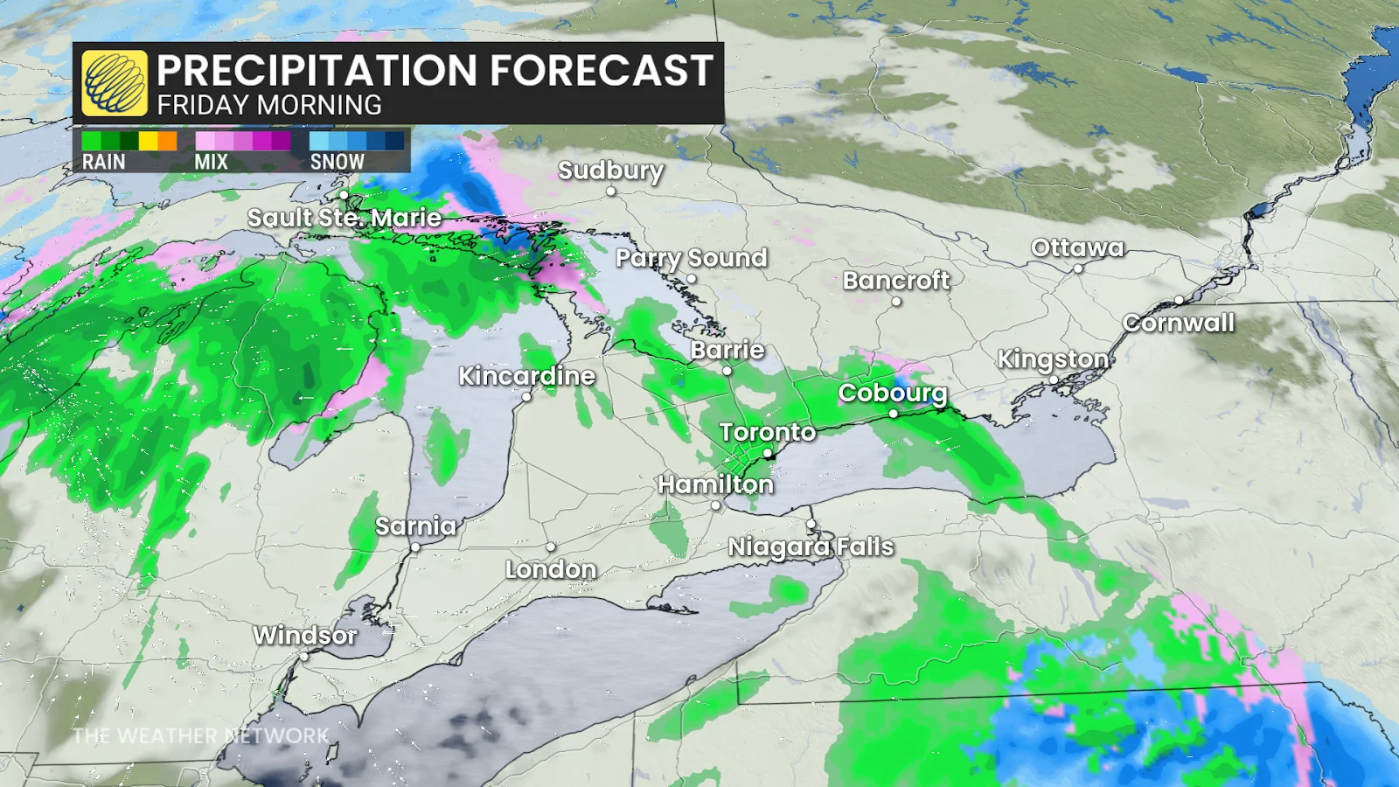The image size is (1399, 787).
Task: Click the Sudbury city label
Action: (x=610, y=170)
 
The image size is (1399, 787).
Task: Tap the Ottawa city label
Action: (x=1077, y=247)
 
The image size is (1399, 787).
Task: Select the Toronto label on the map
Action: (x=768, y=432)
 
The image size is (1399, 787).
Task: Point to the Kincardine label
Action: (x=526, y=376)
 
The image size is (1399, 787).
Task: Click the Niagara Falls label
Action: (x=811, y=547)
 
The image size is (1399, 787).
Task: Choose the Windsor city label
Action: (x=305, y=635)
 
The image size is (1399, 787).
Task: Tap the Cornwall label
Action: (x=1179, y=323)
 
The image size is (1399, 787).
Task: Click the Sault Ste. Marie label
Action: (x=344, y=218)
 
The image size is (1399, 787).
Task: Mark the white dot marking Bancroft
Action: (x=896, y=302)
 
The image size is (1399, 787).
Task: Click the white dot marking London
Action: (x=551, y=547)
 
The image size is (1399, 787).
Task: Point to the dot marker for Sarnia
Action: (x=415, y=547)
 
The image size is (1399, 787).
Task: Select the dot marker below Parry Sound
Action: (x=691, y=279)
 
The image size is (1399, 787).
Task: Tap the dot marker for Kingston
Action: (x=1054, y=380)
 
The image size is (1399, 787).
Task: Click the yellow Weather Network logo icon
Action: (x=115, y=83)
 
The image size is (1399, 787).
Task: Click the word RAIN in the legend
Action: (x=103, y=162)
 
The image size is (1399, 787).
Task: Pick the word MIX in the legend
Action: (x=211, y=162)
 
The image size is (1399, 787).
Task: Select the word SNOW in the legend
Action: (x=337, y=162)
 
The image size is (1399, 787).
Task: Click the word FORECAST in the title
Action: (x=601, y=70)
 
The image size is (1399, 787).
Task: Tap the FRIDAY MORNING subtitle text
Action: (x=269, y=106)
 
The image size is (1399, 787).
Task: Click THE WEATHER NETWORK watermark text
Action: (x=200, y=735)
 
